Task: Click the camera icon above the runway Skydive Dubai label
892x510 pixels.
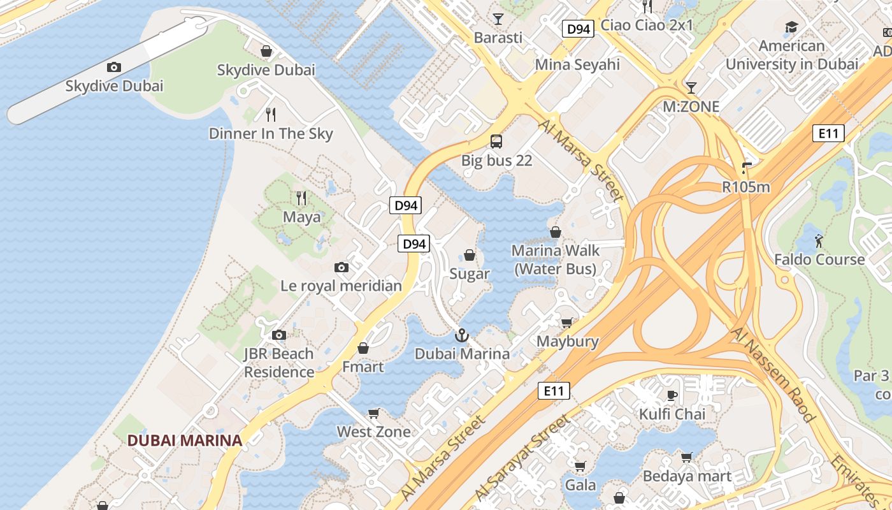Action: [114, 67]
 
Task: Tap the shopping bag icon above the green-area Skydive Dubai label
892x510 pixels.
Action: [266, 51]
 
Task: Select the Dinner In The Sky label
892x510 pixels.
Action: [271, 134]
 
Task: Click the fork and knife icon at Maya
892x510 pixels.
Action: [302, 198]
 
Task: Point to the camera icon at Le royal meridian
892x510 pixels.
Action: [342, 267]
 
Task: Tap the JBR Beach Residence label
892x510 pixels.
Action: [279, 363]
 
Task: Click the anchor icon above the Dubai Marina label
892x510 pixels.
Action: [462, 335]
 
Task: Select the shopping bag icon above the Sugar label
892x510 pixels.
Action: [470, 255]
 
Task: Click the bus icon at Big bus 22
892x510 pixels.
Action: [496, 142]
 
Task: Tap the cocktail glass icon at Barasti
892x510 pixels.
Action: [498, 18]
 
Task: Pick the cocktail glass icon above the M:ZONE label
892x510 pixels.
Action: [691, 87]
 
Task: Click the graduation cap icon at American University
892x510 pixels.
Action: [791, 27]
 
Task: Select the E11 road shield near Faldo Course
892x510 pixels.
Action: [829, 133]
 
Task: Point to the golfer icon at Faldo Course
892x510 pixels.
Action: [819, 240]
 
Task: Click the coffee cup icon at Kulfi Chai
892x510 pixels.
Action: [672, 395]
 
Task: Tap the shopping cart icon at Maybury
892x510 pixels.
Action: [567, 323]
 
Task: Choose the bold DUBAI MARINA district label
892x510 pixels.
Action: [185, 440]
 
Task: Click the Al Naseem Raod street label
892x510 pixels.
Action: [773, 375]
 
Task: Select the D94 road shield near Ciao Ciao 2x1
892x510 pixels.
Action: [579, 29]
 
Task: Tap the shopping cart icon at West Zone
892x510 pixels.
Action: [374, 413]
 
